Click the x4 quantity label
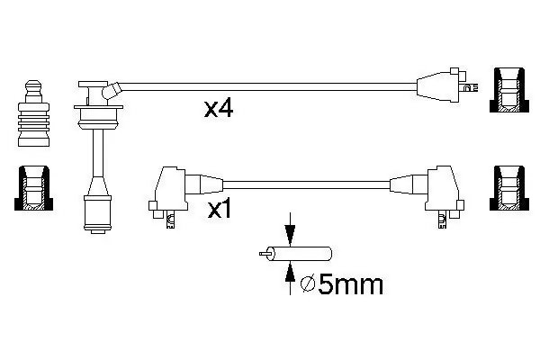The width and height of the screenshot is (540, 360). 219,109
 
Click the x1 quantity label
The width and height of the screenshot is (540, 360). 220,210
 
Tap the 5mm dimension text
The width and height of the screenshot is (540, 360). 350,285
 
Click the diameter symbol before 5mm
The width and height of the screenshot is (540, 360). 308,284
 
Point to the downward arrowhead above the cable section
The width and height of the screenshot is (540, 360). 291,235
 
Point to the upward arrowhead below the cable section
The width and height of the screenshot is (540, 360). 291,272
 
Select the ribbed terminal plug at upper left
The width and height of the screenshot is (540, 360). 33,113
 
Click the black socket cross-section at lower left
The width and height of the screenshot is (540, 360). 34,188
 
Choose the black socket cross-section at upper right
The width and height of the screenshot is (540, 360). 509,90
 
